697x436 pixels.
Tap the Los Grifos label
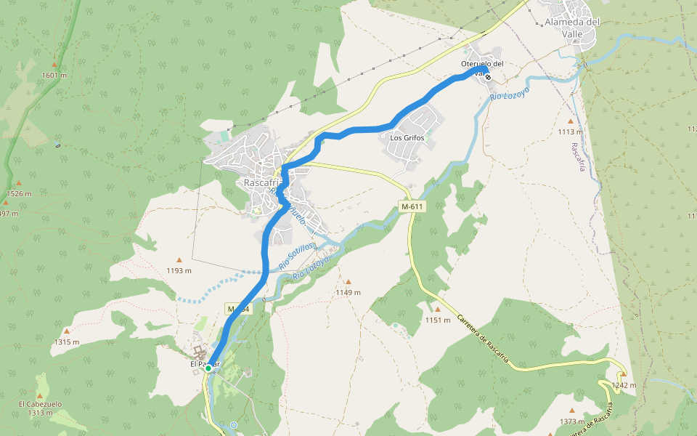coord(406,137)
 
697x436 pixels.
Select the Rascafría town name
coord(259,183)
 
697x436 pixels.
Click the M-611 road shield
coord(412,207)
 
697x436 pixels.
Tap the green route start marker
coord(208,368)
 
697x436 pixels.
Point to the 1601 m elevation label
coord(54,75)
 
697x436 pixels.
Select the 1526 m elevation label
coord(19,194)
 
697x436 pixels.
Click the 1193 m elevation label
coord(179,271)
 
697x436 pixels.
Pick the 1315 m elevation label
coord(66,342)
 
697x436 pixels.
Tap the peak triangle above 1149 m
coord(348,282)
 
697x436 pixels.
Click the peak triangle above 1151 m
coord(437,309)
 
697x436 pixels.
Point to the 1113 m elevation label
coord(570,132)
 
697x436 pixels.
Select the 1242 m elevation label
coord(624,385)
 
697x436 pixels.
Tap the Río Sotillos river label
coord(295,257)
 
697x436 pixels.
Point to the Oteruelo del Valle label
coord(482,64)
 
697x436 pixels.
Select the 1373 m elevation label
coord(572,421)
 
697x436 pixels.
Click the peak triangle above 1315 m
coord(66,331)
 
